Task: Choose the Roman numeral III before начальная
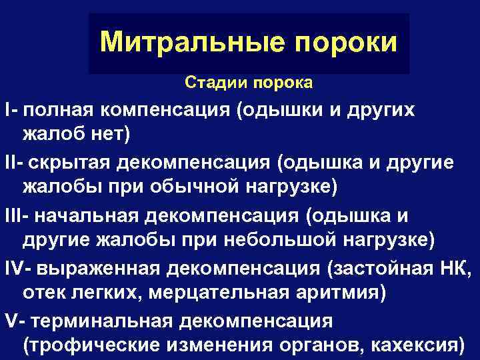pos(11,217)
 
